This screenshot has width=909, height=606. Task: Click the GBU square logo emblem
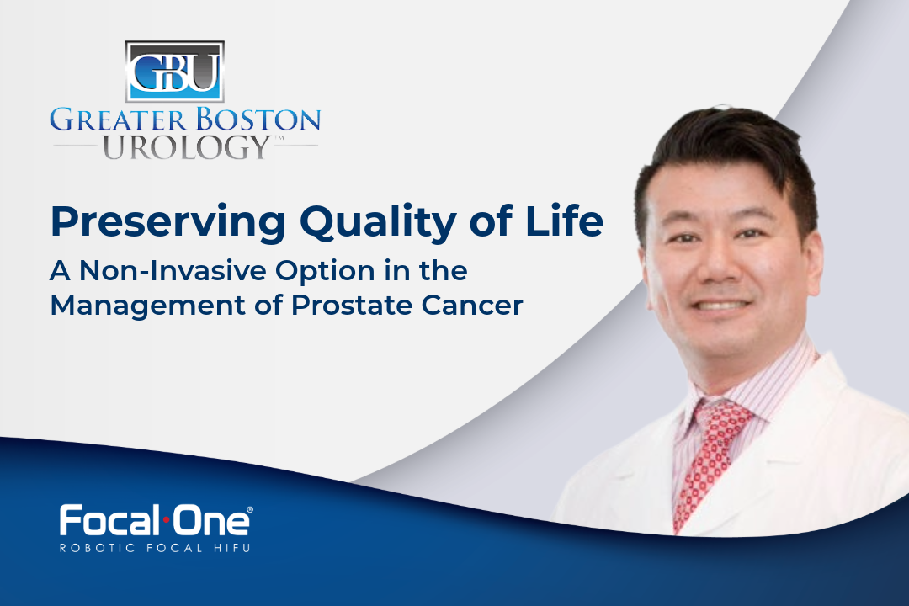pos(173,72)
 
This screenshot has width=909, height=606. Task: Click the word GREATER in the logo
pos(106,119)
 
